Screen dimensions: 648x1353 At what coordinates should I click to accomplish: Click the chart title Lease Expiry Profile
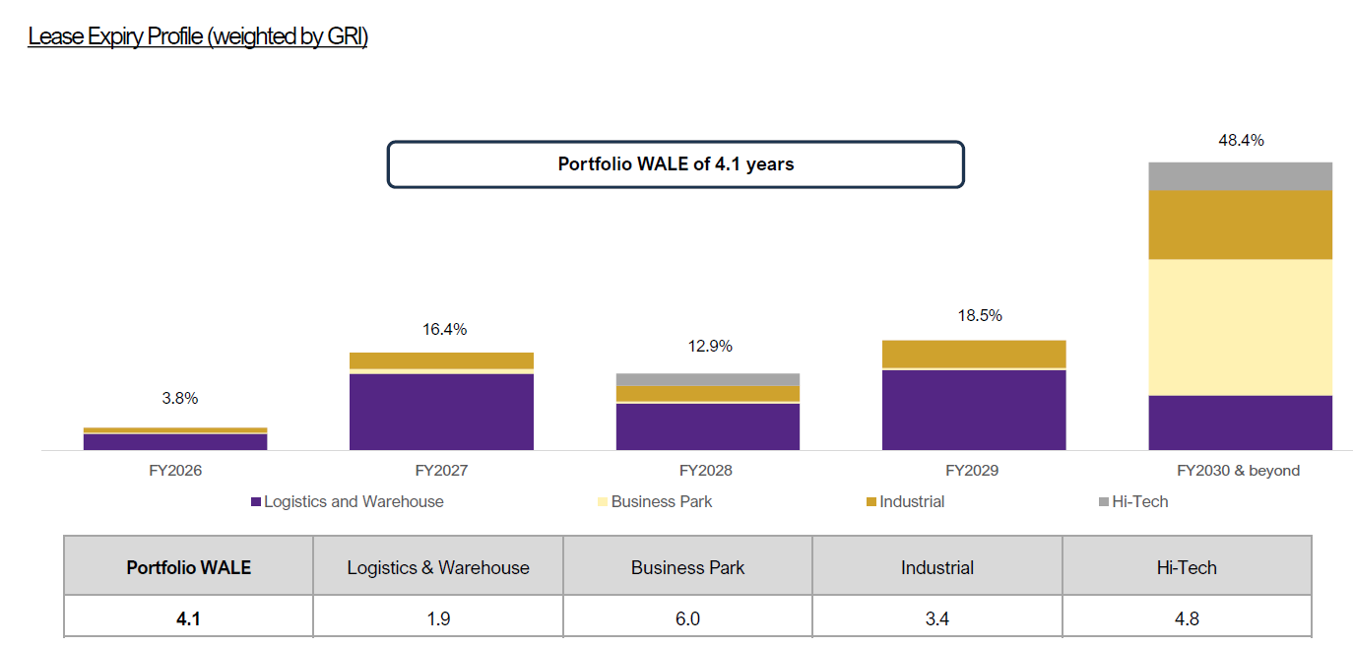198,37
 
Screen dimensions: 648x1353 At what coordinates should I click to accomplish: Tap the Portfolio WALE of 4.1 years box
676,164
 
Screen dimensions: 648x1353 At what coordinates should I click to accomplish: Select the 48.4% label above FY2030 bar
1240,141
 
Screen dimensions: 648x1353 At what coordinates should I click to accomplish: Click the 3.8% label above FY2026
179,399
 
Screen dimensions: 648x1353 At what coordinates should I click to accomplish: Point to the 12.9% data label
708,347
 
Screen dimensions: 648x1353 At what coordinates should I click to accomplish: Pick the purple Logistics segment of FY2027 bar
441,412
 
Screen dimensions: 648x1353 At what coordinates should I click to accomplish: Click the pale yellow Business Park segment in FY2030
1240,327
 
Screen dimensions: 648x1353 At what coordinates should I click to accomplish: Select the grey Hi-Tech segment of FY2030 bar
1240,176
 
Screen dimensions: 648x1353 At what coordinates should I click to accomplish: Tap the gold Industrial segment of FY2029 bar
974,354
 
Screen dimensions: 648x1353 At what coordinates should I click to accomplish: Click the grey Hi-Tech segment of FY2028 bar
708,379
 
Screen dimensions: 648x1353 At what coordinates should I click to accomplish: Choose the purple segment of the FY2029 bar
974,410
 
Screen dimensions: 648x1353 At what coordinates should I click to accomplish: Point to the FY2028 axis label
708,471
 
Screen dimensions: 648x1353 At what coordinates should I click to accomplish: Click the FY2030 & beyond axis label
1239,471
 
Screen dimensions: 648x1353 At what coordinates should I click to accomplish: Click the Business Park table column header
687,567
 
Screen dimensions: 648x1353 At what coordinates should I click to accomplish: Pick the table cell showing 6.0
687,619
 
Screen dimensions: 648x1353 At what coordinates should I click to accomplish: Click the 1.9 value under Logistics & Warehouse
438,619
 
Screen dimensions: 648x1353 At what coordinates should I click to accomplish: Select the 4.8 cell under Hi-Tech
1186,619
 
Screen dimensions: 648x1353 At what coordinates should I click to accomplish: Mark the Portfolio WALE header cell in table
188,567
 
